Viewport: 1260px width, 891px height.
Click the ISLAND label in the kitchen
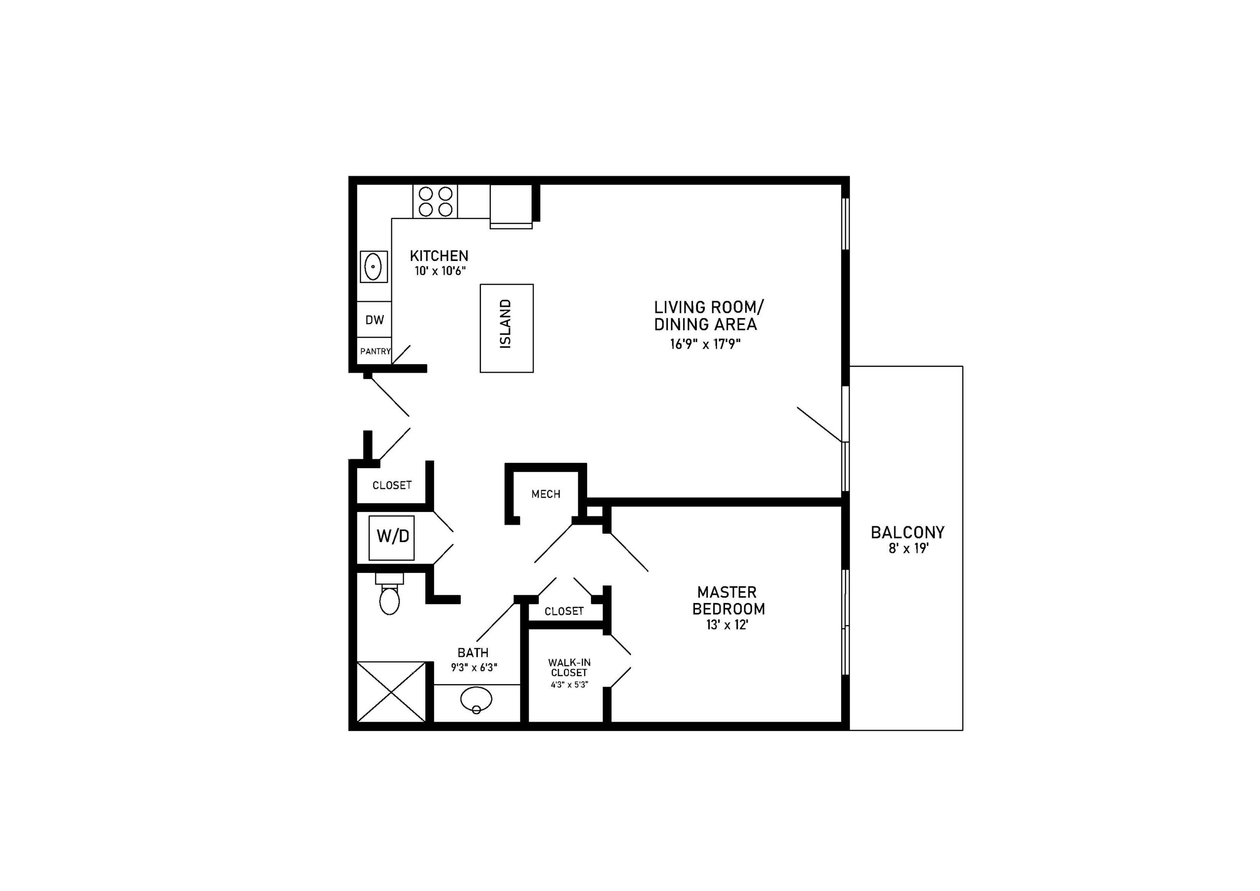coord(506,324)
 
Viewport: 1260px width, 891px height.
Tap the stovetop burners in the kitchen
coord(436,201)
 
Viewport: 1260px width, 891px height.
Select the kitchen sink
coord(374,267)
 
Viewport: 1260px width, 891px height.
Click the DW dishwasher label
coord(375,319)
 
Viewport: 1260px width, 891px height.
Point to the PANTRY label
coord(376,351)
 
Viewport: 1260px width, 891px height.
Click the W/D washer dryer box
coord(392,538)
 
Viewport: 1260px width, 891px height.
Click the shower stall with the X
coord(391,692)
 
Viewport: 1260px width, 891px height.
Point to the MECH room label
coord(546,494)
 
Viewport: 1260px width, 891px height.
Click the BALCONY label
coord(908,533)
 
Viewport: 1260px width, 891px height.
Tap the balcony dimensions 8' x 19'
coord(908,548)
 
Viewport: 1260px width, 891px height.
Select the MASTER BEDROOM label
coord(728,601)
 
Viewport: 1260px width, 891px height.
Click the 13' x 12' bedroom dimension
coord(727,625)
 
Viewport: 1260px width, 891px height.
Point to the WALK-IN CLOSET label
coord(569,668)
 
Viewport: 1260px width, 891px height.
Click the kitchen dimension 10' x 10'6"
coord(440,271)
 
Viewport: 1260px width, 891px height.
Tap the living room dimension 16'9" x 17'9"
coord(705,344)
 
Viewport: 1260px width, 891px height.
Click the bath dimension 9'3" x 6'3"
coord(474,668)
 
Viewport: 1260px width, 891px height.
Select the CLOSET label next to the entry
coord(392,485)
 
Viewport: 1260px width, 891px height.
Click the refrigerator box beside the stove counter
coord(511,206)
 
